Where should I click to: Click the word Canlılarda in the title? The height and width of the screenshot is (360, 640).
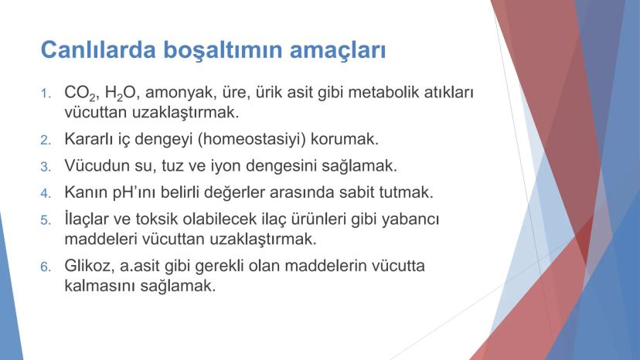pos(98,49)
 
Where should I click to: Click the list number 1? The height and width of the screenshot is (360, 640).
pos(46,94)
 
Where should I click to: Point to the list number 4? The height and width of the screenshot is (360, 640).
pos(46,193)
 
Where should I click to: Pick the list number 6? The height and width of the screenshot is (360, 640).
pos(46,267)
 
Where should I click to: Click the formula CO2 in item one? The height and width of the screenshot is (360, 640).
pos(80,93)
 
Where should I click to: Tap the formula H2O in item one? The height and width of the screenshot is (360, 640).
pos(121,93)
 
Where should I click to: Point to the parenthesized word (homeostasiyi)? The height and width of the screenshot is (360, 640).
pos(252,140)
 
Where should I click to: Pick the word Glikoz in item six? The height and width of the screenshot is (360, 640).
pos(90,266)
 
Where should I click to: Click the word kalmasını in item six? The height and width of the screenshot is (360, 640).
pos(100,285)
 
